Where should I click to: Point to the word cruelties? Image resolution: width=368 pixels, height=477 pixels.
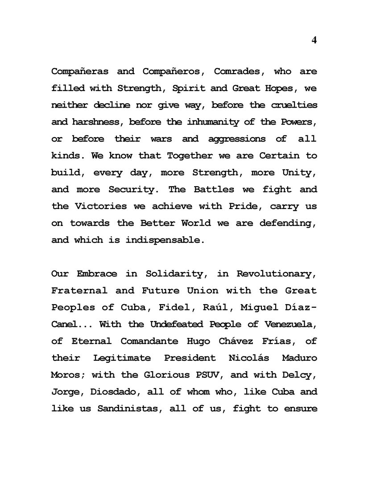tap(294, 105)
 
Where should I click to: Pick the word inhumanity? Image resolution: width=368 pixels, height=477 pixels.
tap(215, 122)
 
